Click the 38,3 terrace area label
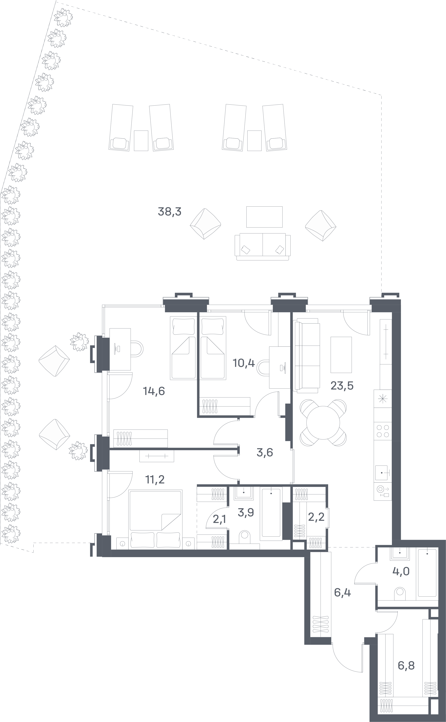[170, 211]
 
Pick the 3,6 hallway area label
[265, 452]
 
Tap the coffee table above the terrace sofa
[264, 217]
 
